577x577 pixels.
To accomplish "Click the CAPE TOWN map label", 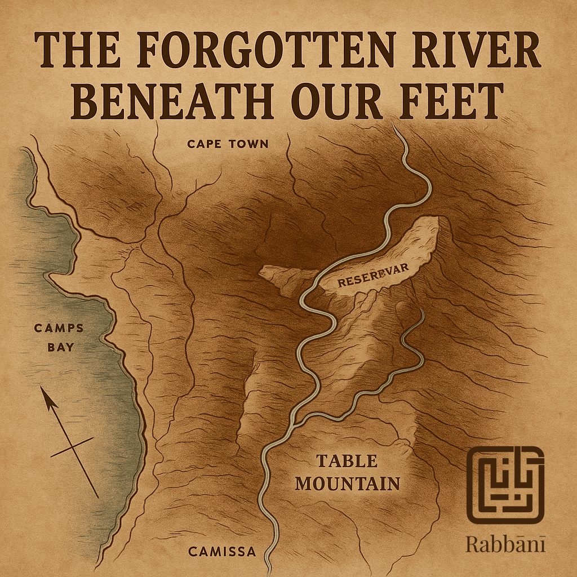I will coord(228,144).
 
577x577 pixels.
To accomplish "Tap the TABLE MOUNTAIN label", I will coord(347,472).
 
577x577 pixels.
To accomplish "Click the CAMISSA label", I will coord(222,552).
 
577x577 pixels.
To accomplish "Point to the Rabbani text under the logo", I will coord(505,544).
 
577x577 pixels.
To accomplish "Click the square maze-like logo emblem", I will coord(505,485).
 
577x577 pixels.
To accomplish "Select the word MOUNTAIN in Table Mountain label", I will coord(348,483).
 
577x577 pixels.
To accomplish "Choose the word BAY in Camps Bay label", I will coord(60,347).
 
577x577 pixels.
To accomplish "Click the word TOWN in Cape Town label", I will coord(248,144).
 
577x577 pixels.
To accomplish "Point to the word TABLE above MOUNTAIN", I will coord(347,461).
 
